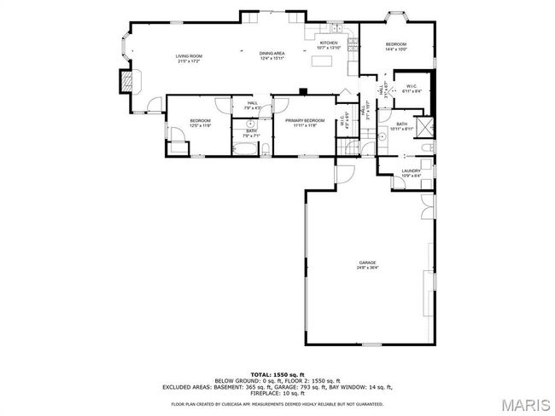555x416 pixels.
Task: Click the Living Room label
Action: [190, 55]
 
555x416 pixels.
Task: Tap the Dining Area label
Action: [272, 55]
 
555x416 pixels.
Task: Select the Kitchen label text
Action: [329, 43]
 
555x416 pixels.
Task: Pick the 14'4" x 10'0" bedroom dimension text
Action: [395, 49]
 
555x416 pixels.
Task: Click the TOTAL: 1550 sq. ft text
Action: [277, 374]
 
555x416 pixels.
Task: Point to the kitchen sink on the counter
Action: [313, 35]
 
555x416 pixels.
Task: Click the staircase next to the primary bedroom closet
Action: [349, 147]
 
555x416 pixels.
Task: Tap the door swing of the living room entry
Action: [154, 106]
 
